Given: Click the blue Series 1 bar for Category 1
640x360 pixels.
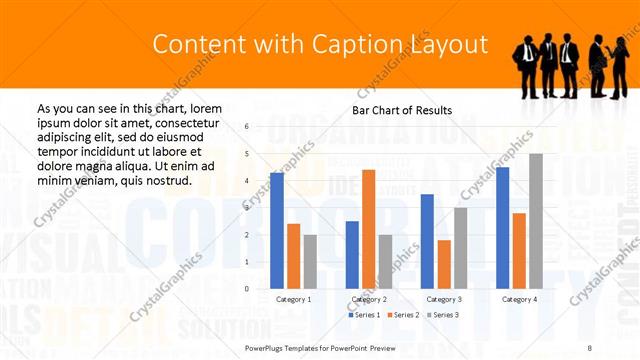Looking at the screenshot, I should (x=277, y=231).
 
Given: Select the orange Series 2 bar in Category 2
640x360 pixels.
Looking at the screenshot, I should (x=368, y=229).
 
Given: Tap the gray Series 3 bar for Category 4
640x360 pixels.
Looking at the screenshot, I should (x=535, y=221).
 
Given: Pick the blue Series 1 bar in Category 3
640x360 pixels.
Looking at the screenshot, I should (x=427, y=241).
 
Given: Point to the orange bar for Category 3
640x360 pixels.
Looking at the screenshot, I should (x=443, y=264).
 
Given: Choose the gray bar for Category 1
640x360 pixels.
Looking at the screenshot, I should (x=309, y=262).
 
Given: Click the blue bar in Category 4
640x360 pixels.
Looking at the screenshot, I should (x=502, y=228).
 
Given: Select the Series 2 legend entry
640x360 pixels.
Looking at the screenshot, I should (x=401, y=315).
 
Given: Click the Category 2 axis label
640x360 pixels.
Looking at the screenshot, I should (x=368, y=299).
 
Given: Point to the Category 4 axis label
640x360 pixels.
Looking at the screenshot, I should (x=518, y=299).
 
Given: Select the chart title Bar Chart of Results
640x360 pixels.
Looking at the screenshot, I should (x=402, y=110).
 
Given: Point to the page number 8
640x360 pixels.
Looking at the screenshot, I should (x=590, y=346).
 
